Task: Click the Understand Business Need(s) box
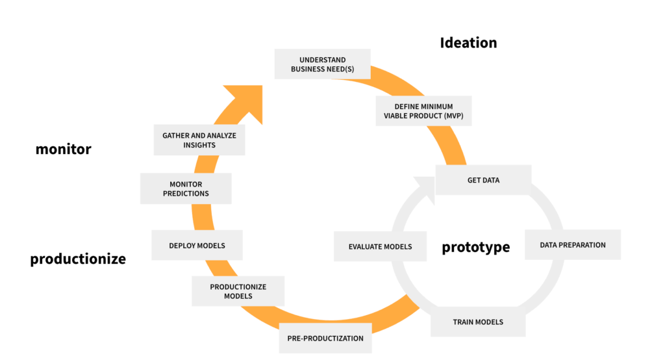pyautogui.click(x=321, y=64)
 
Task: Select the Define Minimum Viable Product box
pyautogui.click(x=423, y=111)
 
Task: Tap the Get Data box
pyautogui.click(x=483, y=180)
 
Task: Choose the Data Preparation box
pyautogui.click(x=572, y=245)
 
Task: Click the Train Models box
pyautogui.click(x=477, y=322)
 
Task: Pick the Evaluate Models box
pyautogui.click(x=380, y=246)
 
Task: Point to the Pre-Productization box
pyautogui.click(x=325, y=338)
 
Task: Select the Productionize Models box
pyautogui.click(x=238, y=291)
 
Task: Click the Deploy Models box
pyautogui.click(x=197, y=246)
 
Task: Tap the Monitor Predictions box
pyautogui.click(x=186, y=188)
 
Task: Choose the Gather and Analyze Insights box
pyautogui.click(x=199, y=140)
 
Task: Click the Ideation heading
pyautogui.click(x=468, y=43)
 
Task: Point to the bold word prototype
pyautogui.click(x=475, y=248)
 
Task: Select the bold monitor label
pyautogui.click(x=63, y=149)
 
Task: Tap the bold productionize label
pyautogui.click(x=78, y=259)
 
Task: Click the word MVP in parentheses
pyautogui.click(x=455, y=116)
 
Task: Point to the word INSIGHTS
pyautogui.click(x=199, y=145)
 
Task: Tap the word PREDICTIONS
pyautogui.click(x=186, y=193)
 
